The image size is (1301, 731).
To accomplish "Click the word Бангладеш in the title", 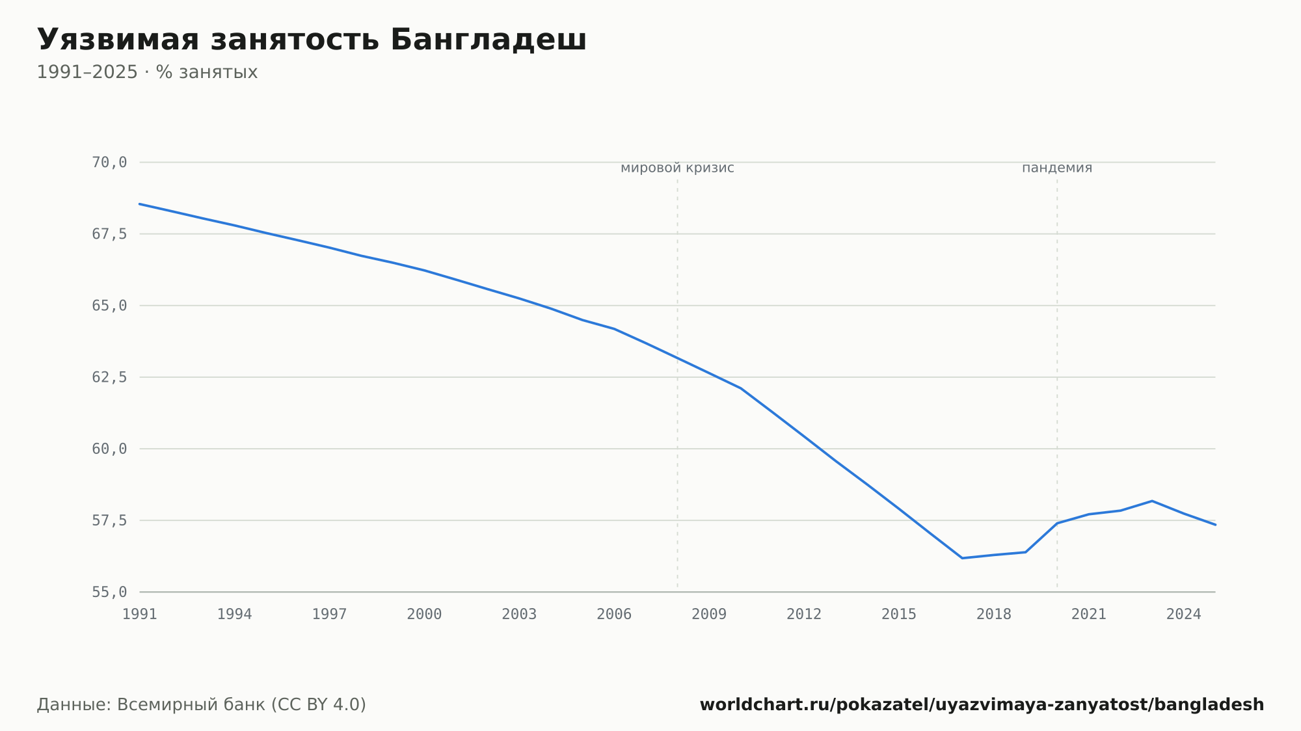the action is (x=489, y=40).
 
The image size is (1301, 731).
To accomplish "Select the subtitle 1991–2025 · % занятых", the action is (x=147, y=72).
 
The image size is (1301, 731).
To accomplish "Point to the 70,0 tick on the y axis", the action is (x=109, y=163).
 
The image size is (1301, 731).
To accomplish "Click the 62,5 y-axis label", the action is (x=109, y=377).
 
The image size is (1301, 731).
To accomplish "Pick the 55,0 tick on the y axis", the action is (x=109, y=592).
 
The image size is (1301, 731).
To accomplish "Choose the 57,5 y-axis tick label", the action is (x=109, y=520).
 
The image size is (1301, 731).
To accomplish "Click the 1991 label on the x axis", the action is (x=140, y=615).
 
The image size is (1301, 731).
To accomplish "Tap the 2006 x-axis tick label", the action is (x=614, y=615).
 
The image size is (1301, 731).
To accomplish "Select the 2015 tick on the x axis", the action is (x=899, y=615).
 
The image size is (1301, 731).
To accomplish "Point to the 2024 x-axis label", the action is (x=1184, y=615).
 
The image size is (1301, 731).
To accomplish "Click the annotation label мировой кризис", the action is (x=677, y=168).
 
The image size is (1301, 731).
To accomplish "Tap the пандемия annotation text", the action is (x=1057, y=168).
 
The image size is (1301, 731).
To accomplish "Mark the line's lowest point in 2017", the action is (x=962, y=558).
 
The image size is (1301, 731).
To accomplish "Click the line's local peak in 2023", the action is (x=1152, y=501).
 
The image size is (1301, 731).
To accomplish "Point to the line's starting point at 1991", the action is (x=140, y=204).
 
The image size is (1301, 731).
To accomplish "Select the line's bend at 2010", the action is (x=740, y=388).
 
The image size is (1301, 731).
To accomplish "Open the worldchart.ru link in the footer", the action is (x=982, y=705).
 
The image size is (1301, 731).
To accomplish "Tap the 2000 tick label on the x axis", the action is (x=424, y=615).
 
